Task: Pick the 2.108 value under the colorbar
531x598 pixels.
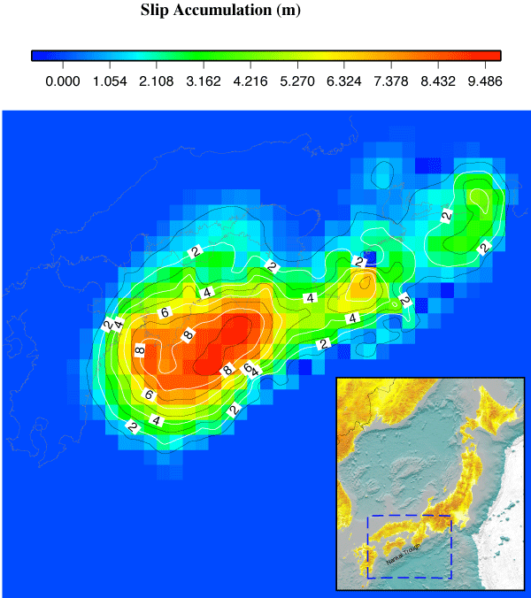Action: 156,80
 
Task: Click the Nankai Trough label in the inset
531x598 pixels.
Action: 403,555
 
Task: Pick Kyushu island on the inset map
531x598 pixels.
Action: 360,559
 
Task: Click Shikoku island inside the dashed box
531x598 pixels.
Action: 395,543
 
